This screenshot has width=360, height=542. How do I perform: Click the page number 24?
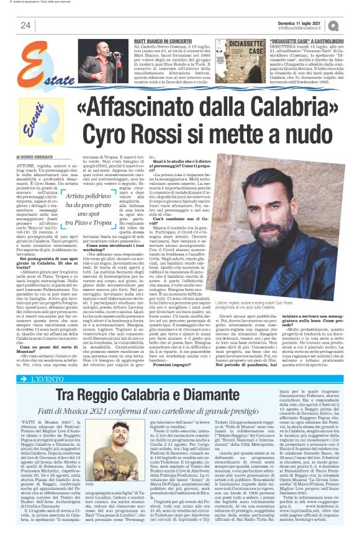pos(25,25)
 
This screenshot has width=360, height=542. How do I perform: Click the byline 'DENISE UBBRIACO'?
pos(44,158)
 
